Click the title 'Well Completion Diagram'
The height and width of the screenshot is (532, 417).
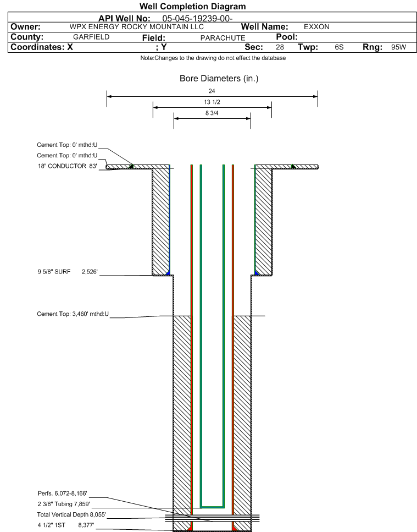[x=192, y=7]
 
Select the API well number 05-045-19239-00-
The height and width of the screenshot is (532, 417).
[x=197, y=18]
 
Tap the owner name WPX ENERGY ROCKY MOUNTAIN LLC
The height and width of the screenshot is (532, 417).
[x=136, y=27]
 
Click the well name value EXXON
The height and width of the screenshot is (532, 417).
[x=316, y=27]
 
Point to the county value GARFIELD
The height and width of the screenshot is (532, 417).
[x=91, y=37]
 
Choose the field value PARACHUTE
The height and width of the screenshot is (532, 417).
[x=223, y=38]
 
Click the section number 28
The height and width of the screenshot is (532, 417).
[x=280, y=47]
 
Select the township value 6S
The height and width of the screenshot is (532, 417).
[x=339, y=47]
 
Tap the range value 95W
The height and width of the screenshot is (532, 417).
[x=398, y=47]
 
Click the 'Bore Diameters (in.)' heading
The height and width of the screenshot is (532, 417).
[x=219, y=78]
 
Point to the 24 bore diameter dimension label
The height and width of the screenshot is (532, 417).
[x=212, y=91]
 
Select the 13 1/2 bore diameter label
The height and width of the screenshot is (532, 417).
[x=212, y=102]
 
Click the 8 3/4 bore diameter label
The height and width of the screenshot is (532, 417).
[x=212, y=113]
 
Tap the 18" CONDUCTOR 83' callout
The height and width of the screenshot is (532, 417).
[x=68, y=166]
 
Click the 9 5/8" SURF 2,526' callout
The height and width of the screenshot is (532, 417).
[x=68, y=271]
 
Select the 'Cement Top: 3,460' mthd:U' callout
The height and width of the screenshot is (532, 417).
[x=73, y=314]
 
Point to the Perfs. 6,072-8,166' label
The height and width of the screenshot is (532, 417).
[x=62, y=493]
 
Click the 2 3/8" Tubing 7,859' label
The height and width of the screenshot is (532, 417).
[x=64, y=504]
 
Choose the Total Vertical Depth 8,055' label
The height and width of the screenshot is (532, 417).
[x=71, y=514]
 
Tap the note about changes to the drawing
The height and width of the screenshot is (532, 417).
[x=213, y=58]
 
